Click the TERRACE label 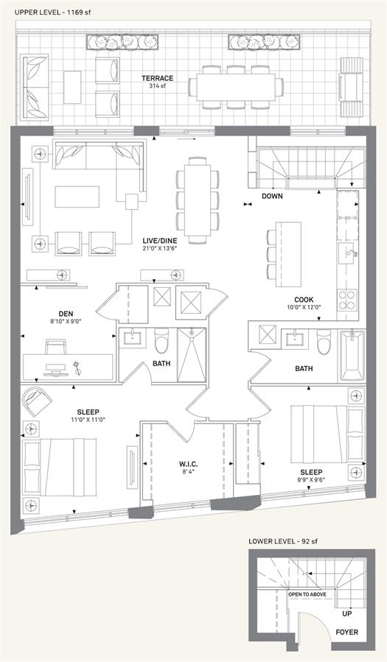point(157,78)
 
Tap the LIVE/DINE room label point(159,241)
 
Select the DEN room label point(66,314)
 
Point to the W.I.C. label point(186,464)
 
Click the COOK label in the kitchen point(304,300)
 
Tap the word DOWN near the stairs point(272,196)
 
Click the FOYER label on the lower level point(347,632)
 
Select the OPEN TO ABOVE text point(307,594)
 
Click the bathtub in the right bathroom point(352,356)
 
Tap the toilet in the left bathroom point(161,340)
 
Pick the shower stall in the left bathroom point(192,355)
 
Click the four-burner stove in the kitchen point(348,300)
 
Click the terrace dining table point(235,87)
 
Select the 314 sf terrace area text point(157,85)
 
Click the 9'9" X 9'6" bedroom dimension point(311,479)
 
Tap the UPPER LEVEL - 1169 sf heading point(52,13)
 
